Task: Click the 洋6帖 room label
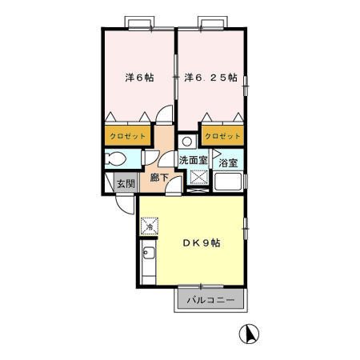139,78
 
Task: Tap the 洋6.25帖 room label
210,78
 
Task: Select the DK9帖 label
202,243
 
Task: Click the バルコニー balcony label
210,300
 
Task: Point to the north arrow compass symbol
249,334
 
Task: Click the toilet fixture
115,159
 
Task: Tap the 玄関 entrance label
126,184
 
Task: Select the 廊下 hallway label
159,178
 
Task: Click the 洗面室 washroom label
193,160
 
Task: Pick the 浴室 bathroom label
228,163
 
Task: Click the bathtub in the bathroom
228,182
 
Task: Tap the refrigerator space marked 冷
150,226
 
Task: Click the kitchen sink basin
148,252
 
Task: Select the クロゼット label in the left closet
128,136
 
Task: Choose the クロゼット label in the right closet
222,136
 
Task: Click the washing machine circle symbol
187,142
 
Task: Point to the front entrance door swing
125,205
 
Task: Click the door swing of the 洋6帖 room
164,114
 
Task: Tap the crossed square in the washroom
199,177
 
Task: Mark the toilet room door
150,158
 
